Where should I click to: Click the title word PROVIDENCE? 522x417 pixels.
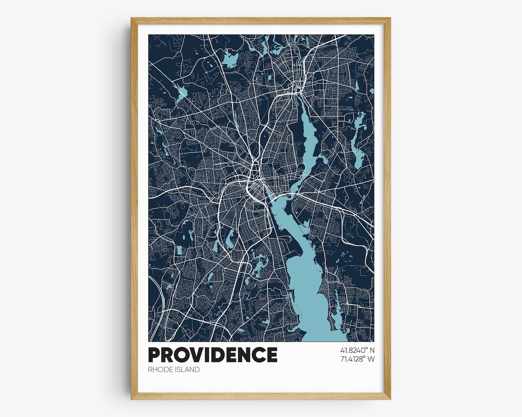213,355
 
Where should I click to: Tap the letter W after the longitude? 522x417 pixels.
371,359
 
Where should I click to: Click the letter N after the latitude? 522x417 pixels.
372,350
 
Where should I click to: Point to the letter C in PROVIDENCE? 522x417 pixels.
259,355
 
